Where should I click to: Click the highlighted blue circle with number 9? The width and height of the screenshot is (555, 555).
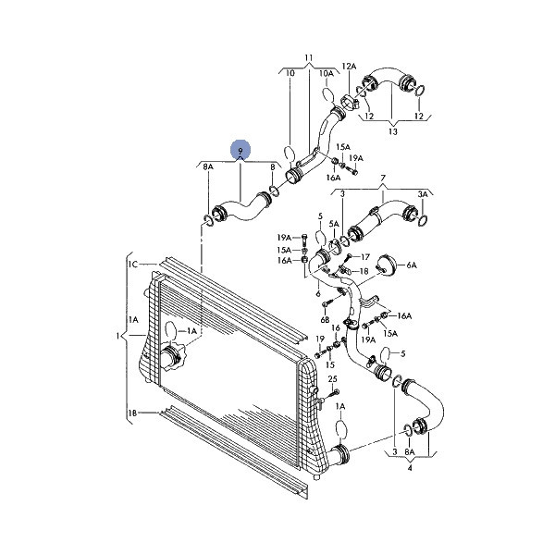240,150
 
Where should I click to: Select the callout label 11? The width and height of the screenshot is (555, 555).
309,57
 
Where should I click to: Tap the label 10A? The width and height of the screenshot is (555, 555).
327,73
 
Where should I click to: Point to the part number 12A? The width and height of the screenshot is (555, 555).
349,67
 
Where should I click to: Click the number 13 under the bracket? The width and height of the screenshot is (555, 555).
393,131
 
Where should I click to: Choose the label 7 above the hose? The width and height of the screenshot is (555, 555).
383,179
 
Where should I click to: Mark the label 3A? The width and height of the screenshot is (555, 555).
423,194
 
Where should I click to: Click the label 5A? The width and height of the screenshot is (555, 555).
334,224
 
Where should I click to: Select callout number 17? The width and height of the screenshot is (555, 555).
365,256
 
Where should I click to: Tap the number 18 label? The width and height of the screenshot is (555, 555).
364,271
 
